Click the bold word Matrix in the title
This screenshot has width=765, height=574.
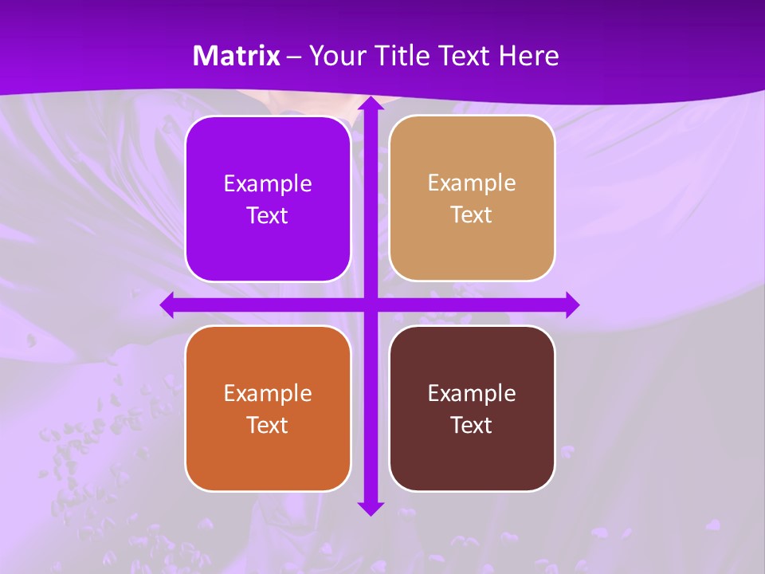(237, 56)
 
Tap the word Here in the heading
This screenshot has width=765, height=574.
(528, 56)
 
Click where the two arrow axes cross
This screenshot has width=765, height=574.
(370, 305)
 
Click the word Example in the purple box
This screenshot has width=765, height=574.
(268, 184)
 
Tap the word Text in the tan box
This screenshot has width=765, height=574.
(472, 215)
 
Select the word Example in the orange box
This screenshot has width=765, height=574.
(268, 393)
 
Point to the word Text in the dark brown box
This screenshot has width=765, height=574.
(472, 425)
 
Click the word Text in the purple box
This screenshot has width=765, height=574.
(268, 216)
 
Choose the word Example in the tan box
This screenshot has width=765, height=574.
(472, 183)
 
